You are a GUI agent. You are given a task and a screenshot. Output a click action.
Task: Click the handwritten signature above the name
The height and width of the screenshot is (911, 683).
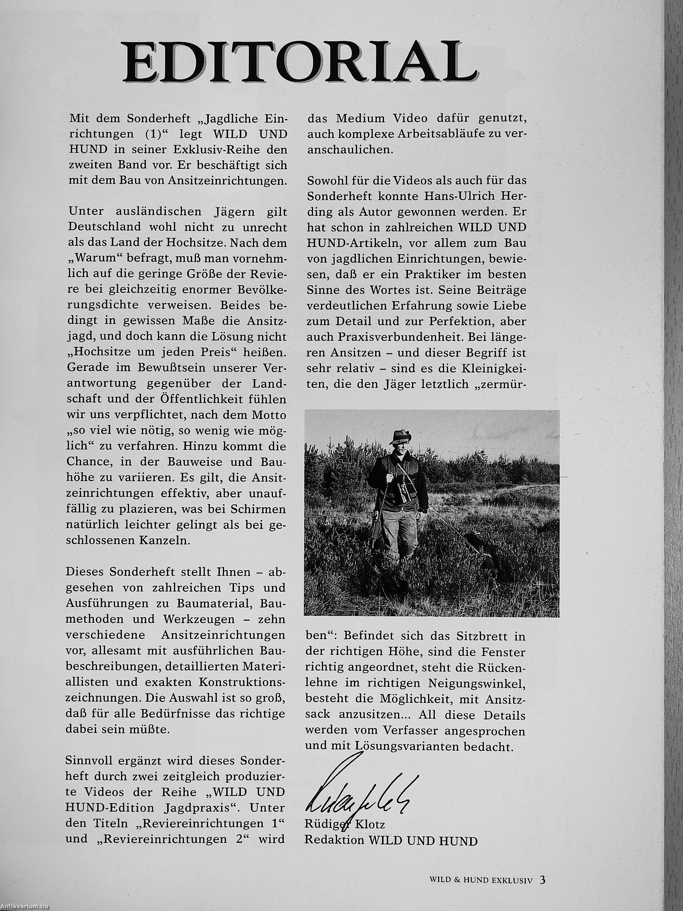coord(354,784)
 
